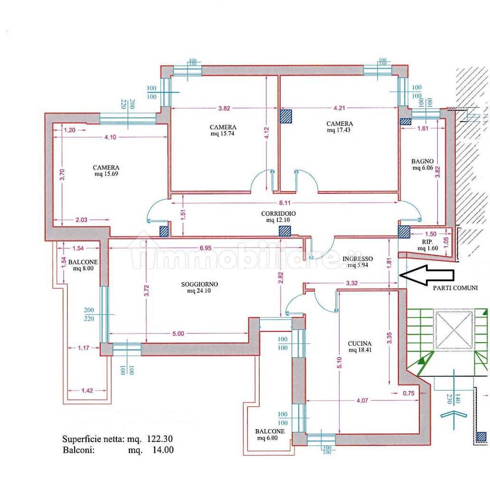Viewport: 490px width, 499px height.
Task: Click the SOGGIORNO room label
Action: pyautogui.click(x=199, y=284)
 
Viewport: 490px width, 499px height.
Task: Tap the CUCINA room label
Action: pyautogui.click(x=359, y=344)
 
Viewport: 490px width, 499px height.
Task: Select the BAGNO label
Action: pyautogui.click(x=422, y=162)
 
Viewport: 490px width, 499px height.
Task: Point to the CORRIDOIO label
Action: pyautogui.click(x=278, y=213)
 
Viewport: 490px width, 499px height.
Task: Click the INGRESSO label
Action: pyautogui.click(x=358, y=259)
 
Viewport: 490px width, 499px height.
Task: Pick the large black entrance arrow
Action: pyautogui.click(x=426, y=275)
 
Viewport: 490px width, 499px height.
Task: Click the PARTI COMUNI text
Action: pyautogui.click(x=455, y=288)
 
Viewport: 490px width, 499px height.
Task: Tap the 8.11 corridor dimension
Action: pyautogui.click(x=284, y=203)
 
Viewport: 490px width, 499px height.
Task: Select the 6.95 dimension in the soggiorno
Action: pyautogui.click(x=206, y=248)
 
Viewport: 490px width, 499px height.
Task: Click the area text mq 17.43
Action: pyautogui.click(x=339, y=130)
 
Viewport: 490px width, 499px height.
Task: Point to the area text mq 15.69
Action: pyautogui.click(x=106, y=174)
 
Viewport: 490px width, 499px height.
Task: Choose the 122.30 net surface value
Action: pyautogui.click(x=160, y=439)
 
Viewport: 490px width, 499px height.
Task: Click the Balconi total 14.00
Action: pyautogui.click(x=163, y=450)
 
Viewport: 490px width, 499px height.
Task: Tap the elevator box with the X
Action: pyautogui.click(x=454, y=329)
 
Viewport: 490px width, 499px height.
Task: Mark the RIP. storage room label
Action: pyautogui.click(x=428, y=242)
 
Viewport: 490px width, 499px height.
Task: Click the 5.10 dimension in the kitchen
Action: pyautogui.click(x=339, y=363)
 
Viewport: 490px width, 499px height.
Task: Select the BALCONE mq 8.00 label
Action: pyautogui.click(x=83, y=265)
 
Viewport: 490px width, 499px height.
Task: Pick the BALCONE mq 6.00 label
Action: pyautogui.click(x=270, y=434)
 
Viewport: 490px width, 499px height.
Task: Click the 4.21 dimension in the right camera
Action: pyautogui.click(x=339, y=108)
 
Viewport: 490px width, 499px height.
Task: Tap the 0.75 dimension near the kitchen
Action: pyautogui.click(x=409, y=393)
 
